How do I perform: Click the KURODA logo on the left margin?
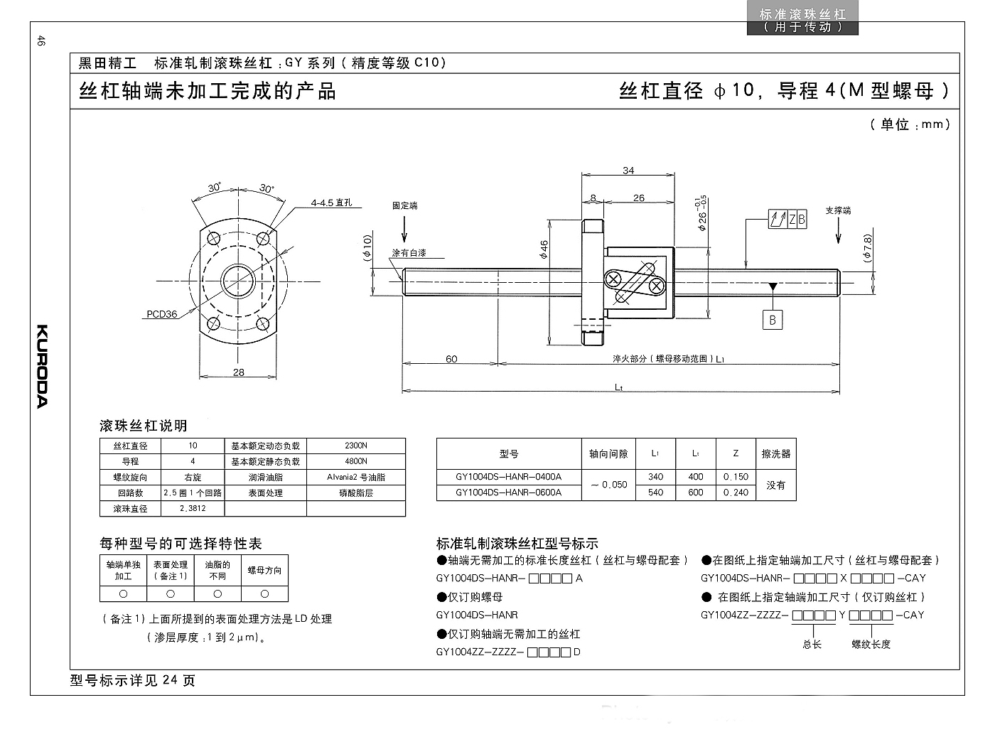(42, 367)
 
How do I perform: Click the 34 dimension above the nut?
(628, 171)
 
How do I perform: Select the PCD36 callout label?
(162, 314)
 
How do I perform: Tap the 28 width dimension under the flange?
(239, 372)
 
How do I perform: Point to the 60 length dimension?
(451, 359)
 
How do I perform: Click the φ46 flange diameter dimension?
(544, 249)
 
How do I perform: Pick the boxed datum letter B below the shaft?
(773, 320)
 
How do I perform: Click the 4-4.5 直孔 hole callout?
(331, 203)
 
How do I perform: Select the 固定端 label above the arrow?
(404, 205)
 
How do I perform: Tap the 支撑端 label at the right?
(838, 210)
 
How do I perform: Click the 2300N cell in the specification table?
(356, 446)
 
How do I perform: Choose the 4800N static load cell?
(356, 461)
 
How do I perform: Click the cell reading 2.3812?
(193, 509)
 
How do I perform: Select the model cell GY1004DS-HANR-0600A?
(509, 493)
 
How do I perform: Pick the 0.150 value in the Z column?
(736, 477)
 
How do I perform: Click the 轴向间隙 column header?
(608, 454)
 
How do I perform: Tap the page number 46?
(41, 41)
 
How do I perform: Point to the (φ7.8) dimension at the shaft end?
(868, 248)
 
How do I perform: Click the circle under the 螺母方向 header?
(264, 594)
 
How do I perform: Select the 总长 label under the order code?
(812, 645)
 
